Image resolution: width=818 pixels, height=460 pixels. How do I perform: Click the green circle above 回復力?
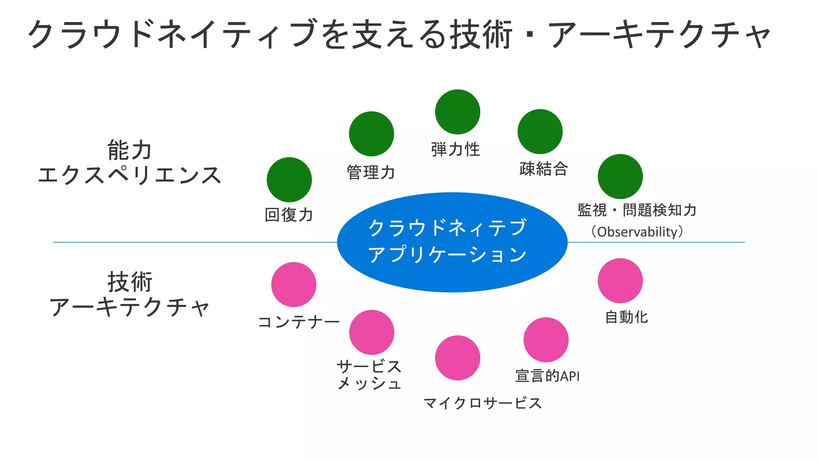pos(289,180)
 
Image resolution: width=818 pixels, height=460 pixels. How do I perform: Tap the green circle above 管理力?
pos(371,134)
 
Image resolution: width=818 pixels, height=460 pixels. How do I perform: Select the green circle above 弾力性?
pos(458,112)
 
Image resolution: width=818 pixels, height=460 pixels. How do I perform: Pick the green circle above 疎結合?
pos(540,131)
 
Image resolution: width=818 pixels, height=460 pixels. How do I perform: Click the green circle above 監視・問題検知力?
pos(620,176)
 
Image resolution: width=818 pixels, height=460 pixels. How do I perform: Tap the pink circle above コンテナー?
pos(294,284)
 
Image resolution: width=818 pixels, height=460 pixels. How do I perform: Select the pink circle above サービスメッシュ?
pos(371,332)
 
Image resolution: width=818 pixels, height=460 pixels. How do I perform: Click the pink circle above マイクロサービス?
pos(458,358)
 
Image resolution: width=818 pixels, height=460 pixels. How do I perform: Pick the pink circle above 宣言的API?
pos(546,340)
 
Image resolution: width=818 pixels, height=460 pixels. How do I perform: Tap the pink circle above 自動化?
pos(620,280)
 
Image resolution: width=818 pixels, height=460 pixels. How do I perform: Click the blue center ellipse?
pos(452,242)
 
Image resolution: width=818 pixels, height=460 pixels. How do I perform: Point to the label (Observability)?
pos(637,232)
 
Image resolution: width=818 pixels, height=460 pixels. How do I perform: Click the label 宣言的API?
pos(547,376)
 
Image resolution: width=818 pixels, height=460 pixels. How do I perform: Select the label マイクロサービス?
pos(482,403)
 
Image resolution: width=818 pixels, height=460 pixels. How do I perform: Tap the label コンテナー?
pos(299,322)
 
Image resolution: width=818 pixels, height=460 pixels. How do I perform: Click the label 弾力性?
pos(456,150)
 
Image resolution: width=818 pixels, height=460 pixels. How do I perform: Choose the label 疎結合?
pos(544,169)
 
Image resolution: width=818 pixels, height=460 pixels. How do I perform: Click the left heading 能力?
pos(129,150)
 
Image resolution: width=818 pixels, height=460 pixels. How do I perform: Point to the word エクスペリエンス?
pos(129,175)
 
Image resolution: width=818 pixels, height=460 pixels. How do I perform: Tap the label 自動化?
pos(626,317)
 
